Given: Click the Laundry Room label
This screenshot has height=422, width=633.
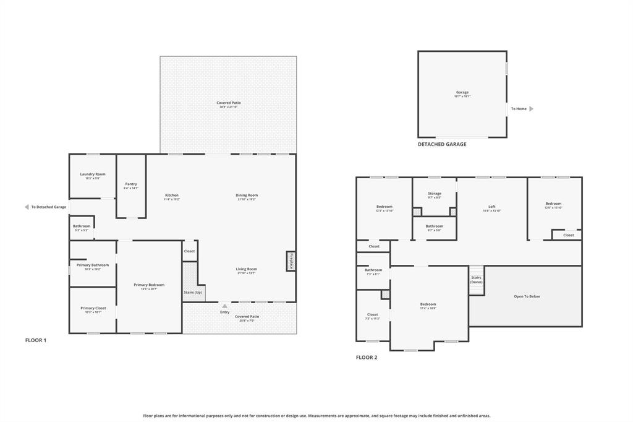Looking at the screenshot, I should point(93,174).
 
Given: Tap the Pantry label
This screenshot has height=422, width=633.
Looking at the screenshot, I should point(131,184).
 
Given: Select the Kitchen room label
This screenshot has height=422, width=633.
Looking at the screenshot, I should point(171,196).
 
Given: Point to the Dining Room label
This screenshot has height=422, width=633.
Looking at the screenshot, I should point(247,196).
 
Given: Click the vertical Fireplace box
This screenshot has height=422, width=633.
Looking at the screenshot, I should point(291,261).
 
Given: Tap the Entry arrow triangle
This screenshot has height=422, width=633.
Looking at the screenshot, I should point(224,306).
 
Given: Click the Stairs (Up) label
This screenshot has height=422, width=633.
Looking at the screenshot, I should point(193,292).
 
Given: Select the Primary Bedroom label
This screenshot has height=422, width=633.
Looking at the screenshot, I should point(149,285).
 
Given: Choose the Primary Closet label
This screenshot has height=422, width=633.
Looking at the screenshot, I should point(93,308).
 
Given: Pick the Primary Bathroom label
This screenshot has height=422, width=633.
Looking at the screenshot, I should point(93,265).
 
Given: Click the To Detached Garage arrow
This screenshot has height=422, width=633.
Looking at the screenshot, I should point(27,207).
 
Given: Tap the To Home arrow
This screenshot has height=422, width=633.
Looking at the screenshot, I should point(531,109).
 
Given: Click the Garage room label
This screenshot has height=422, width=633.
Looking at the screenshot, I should point(462,93).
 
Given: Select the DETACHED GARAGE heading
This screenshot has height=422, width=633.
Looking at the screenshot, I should point(442,144).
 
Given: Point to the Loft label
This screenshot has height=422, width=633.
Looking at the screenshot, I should point(492,207).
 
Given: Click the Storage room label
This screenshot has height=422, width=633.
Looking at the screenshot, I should point(435,194).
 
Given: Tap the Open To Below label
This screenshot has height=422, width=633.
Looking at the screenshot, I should point(527,296).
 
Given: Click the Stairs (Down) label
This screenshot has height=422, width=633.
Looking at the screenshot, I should point(476,280).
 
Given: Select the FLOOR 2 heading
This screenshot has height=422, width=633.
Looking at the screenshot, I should point(367,358).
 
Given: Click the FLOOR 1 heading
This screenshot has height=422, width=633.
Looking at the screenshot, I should point(36,340).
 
